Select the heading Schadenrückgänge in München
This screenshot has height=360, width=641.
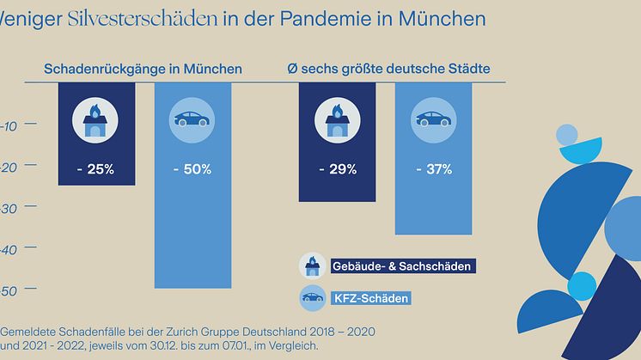click(143, 69)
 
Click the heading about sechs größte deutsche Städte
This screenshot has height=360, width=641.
click(394, 69)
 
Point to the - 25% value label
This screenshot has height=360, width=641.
click(95, 169)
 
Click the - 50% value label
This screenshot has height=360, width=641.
click(192, 169)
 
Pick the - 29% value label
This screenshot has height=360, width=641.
click(337, 169)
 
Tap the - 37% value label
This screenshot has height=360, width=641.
click(432, 169)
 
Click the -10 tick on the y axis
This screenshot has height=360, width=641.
click(10, 125)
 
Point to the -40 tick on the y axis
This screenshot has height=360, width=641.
click(10, 250)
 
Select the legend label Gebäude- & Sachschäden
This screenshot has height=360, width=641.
click(401, 267)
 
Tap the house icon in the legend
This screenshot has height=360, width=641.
click(311, 265)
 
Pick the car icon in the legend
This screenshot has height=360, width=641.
click(311, 298)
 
